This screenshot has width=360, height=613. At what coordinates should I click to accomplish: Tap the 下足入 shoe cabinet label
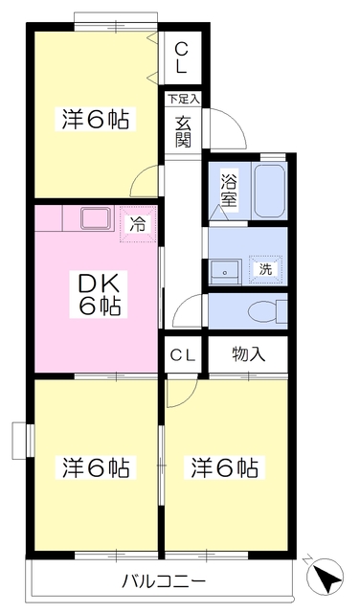click(183, 98)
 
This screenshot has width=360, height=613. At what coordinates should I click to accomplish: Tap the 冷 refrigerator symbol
click(138, 227)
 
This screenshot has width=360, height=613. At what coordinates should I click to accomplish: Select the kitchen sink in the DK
click(97, 218)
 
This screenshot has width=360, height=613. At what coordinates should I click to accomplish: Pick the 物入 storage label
click(249, 354)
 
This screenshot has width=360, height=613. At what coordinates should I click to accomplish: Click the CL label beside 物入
click(183, 354)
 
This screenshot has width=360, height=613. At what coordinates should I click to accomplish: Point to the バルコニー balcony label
click(164, 581)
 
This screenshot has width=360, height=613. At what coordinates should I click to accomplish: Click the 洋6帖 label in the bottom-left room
click(97, 468)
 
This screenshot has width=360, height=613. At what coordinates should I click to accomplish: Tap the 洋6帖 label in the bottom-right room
click(225, 468)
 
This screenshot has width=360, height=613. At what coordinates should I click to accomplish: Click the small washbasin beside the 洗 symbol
click(225, 270)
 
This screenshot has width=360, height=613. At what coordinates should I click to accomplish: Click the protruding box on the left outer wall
click(21, 441)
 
